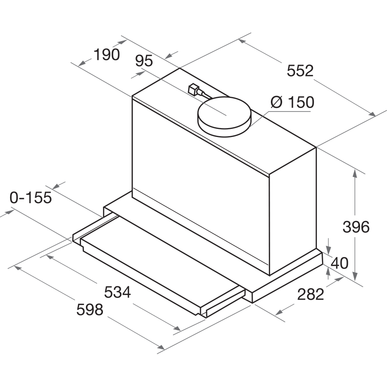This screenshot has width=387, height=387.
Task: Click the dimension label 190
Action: click(x=107, y=55)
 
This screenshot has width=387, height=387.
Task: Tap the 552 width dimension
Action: click(x=300, y=70)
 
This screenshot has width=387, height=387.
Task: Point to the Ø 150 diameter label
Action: click(x=293, y=102)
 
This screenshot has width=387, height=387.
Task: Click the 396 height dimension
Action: click(x=356, y=227)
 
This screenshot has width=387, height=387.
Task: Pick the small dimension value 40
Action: click(x=340, y=263)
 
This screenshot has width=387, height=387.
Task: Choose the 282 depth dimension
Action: click(x=310, y=294)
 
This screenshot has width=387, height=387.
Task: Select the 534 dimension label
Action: click(x=117, y=292)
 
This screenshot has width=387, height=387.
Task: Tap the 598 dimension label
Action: click(x=90, y=309)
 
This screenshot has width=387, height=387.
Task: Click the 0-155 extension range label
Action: click(x=31, y=197)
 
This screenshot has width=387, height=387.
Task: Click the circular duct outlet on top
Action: click(x=224, y=117)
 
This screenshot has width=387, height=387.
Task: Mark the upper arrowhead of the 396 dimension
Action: click(x=355, y=173)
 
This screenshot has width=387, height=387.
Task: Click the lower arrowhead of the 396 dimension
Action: click(x=355, y=276)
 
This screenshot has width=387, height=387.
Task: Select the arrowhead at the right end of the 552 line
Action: click(x=372, y=114)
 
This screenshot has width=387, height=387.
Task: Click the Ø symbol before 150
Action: click(x=276, y=102)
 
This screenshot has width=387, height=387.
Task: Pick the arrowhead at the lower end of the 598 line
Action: click(x=161, y=347)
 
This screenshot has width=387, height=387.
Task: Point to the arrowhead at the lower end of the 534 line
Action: click(x=177, y=328)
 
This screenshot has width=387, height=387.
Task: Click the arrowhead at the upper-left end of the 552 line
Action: click(x=242, y=41)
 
